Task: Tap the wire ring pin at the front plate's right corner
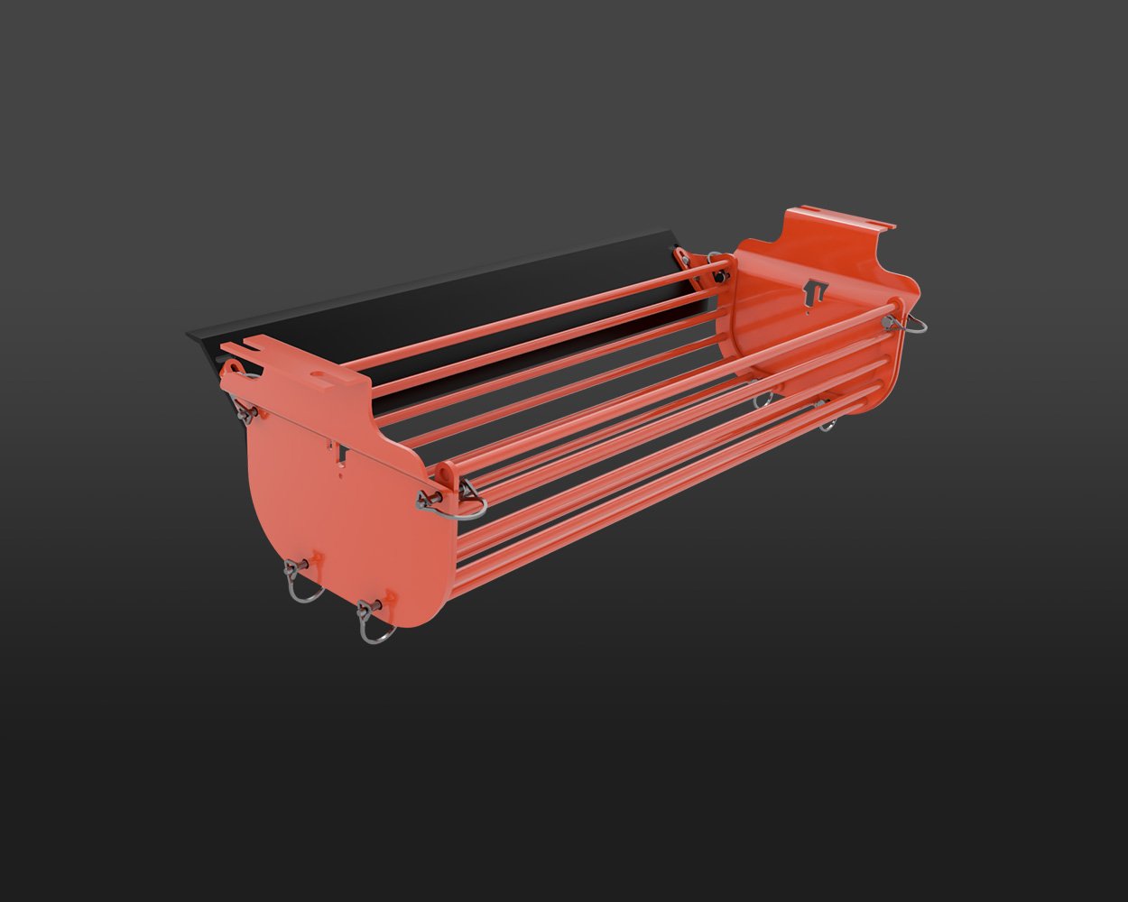pos(468,503)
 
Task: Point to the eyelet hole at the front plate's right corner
pos(445,471)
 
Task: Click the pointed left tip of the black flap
pos(189,334)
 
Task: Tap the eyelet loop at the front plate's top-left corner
pos(234,369)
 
